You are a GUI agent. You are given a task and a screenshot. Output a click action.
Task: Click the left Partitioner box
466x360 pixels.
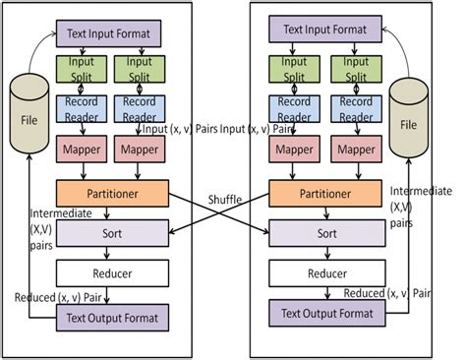pos(113,193)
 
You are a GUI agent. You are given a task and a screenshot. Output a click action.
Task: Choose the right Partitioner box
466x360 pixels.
pos(321,193)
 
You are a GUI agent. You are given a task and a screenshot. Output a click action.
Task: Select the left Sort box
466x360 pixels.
pos(113,235)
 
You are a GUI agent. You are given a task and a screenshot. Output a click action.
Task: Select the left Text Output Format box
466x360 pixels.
pos(114,317)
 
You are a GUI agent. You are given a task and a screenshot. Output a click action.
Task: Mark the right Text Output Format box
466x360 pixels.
pos(322,316)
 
